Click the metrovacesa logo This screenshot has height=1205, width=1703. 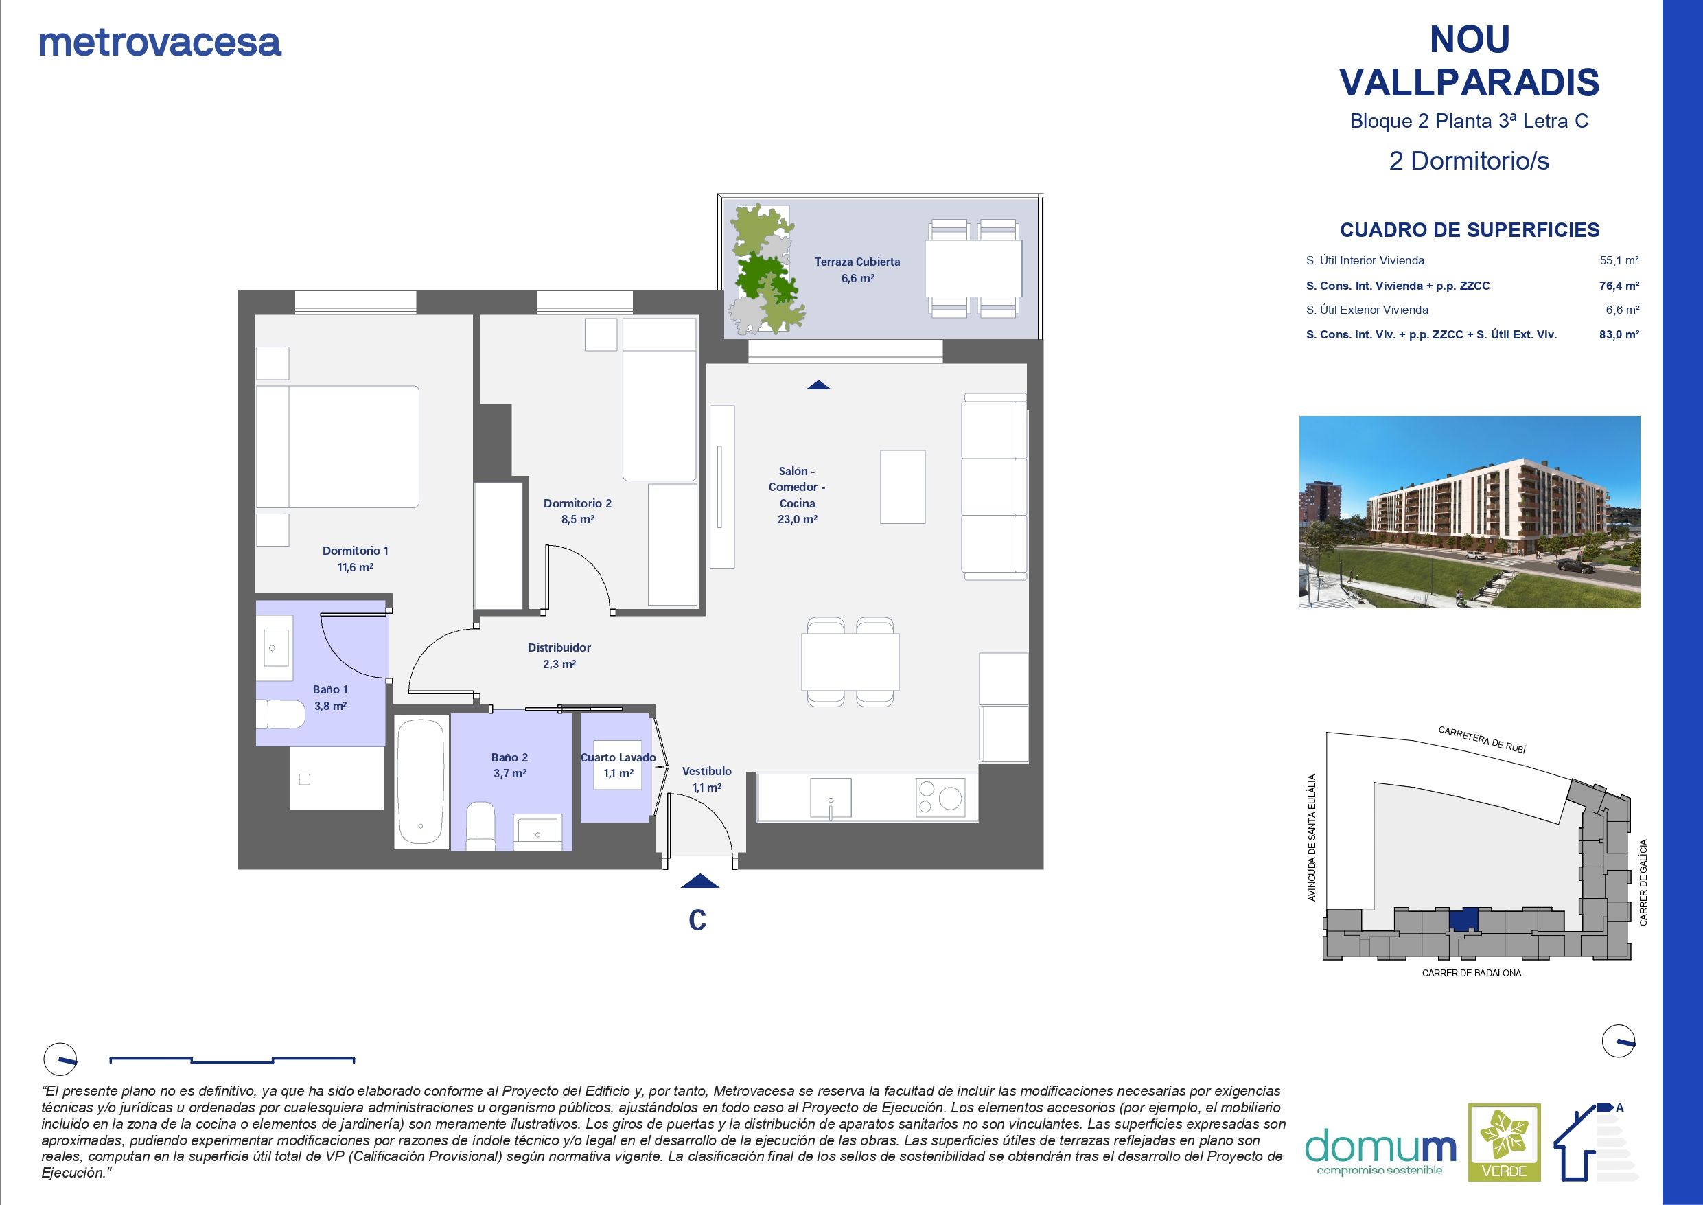160,43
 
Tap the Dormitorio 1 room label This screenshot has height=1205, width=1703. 356,559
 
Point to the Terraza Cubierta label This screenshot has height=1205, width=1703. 857,269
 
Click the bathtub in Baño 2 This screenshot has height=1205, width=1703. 420,782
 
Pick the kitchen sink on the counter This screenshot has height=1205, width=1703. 831,798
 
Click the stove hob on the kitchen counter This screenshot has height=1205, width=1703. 940,797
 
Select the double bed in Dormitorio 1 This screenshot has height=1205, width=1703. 338,446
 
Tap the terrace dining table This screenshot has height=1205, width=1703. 974,268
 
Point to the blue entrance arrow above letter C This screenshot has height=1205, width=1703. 699,881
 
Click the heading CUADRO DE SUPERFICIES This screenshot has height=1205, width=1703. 1470,230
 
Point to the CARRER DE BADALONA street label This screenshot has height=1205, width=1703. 1472,973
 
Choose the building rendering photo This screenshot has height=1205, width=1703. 1470,512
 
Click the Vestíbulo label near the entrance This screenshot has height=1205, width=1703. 707,779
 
